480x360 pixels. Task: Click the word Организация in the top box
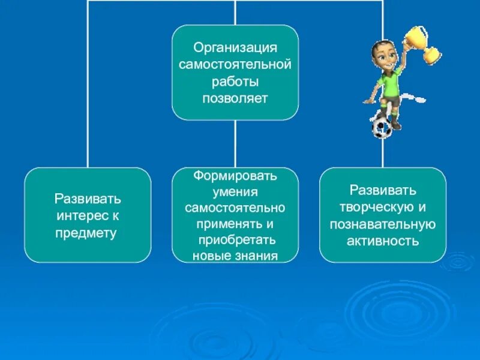pyautogui.click(x=235, y=47)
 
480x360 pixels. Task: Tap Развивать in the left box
pyautogui.click(x=88, y=199)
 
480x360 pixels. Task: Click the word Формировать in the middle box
pyautogui.click(x=235, y=177)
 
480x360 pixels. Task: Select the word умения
pyautogui.click(x=235, y=193)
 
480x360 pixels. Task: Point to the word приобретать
pyautogui.click(x=236, y=240)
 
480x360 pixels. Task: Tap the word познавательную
pyautogui.click(x=382, y=224)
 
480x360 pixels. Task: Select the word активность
pyautogui.click(x=382, y=241)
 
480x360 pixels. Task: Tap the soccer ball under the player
pyautogui.click(x=382, y=127)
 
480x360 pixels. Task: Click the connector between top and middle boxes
pyautogui.click(x=235, y=143)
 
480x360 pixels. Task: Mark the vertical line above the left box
pyautogui.click(x=88, y=90)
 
